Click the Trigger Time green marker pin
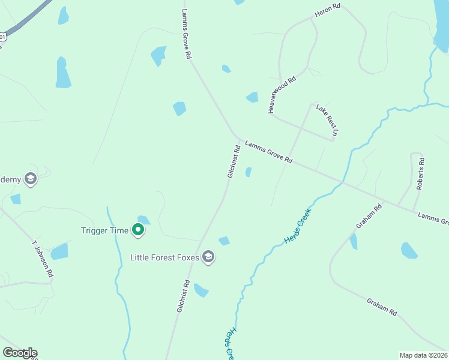pos(138,230)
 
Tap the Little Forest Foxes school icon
pos(208,257)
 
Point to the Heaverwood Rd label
pos(282,95)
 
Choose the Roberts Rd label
pos(421,173)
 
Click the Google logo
pos(20,353)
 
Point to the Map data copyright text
pos(423,355)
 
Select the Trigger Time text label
pos(105,230)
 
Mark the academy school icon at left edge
pos(31,178)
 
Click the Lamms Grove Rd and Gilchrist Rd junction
pos(238,140)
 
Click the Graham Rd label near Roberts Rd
pos(369,217)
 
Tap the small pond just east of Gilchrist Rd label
pos(249,172)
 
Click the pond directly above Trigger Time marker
pos(143,220)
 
